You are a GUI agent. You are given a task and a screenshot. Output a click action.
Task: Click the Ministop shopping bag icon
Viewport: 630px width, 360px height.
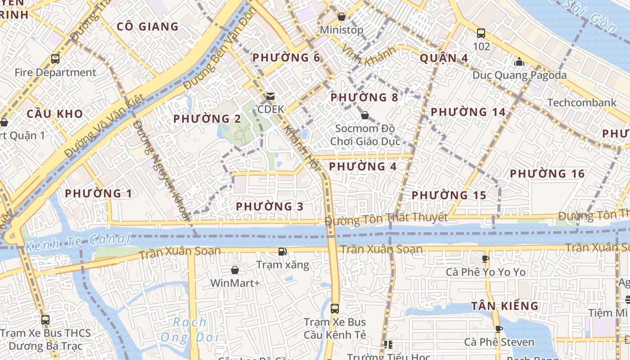point(342,17)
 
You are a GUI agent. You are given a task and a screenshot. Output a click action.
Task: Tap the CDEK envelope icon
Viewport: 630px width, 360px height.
point(270,96)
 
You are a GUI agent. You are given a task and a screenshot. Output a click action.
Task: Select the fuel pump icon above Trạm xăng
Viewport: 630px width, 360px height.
point(283,252)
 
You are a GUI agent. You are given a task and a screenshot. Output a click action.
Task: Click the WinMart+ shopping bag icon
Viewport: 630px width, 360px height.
point(235,270)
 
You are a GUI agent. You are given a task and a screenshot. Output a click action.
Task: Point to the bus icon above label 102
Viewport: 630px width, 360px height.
point(481,33)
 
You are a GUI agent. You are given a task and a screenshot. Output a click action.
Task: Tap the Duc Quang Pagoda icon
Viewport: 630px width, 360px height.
point(519,62)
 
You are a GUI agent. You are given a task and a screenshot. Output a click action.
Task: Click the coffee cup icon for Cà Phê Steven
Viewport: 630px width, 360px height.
point(499,329)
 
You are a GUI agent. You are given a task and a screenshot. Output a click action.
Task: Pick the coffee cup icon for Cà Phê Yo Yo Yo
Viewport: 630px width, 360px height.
point(486,259)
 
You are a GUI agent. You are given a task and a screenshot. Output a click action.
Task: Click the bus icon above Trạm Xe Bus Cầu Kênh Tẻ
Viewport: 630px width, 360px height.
point(335,308)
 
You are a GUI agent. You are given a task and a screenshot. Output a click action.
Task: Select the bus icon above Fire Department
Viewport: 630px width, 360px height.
point(55,58)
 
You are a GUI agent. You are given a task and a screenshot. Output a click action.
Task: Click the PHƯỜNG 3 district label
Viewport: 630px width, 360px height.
point(270,207)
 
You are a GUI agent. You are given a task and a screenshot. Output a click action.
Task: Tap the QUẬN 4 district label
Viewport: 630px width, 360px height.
point(444,58)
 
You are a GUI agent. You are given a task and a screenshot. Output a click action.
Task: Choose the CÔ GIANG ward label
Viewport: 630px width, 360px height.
point(148,27)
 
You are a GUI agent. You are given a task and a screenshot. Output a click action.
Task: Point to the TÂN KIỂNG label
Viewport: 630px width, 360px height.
point(505,306)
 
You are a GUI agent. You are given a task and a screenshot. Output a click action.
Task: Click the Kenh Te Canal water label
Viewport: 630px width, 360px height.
point(77,243)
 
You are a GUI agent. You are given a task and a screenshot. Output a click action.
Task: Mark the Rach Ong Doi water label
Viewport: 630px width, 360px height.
point(190,330)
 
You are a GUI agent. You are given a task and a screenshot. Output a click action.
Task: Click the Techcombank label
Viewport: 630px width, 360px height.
point(582,103)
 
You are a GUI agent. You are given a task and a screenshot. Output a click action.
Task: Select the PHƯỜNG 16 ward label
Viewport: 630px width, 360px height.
point(547,174)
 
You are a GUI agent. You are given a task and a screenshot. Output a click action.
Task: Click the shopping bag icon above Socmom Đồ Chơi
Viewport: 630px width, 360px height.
point(365,116)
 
